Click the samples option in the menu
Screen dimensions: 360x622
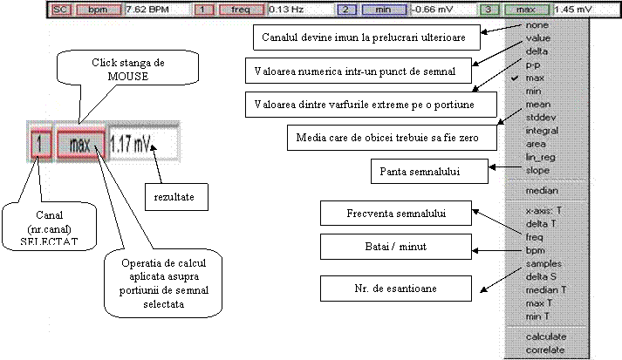[543, 262]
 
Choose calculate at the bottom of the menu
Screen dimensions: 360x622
[544, 336]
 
